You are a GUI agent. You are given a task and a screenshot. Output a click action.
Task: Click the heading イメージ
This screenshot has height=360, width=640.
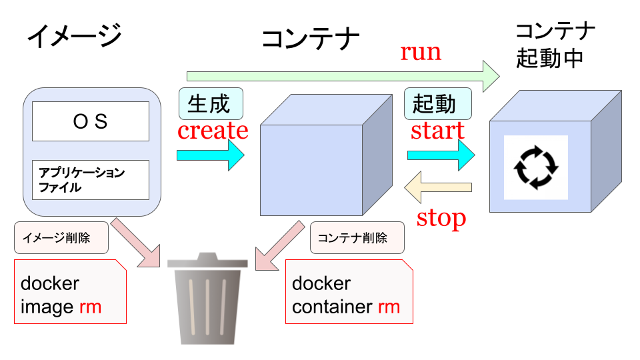tap(74, 35)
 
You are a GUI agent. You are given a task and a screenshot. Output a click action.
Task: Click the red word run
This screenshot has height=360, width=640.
tap(421, 52)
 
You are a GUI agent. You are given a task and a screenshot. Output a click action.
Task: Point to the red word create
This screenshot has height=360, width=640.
tap(213, 131)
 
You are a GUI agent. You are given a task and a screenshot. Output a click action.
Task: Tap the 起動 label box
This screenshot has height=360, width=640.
tap(437, 104)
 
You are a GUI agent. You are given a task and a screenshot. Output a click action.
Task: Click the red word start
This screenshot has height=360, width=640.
tap(437, 131)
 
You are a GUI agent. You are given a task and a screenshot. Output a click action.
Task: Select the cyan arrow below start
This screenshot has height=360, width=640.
tap(440, 155)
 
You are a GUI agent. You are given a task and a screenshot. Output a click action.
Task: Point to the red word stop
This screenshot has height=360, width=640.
tap(441, 217)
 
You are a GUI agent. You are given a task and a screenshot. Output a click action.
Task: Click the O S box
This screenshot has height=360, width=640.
tap(91, 121)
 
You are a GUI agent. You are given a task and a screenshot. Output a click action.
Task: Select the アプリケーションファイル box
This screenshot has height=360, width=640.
tap(91, 180)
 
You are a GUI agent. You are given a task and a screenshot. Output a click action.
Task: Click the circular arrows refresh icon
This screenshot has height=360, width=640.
tap(535, 167)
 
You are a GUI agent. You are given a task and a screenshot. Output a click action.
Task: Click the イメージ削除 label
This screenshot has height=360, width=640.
tap(61, 238)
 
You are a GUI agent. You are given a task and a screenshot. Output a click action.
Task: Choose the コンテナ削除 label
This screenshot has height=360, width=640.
tap(357, 238)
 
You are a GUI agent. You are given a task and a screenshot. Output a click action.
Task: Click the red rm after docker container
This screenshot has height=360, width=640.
tap(389, 307)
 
